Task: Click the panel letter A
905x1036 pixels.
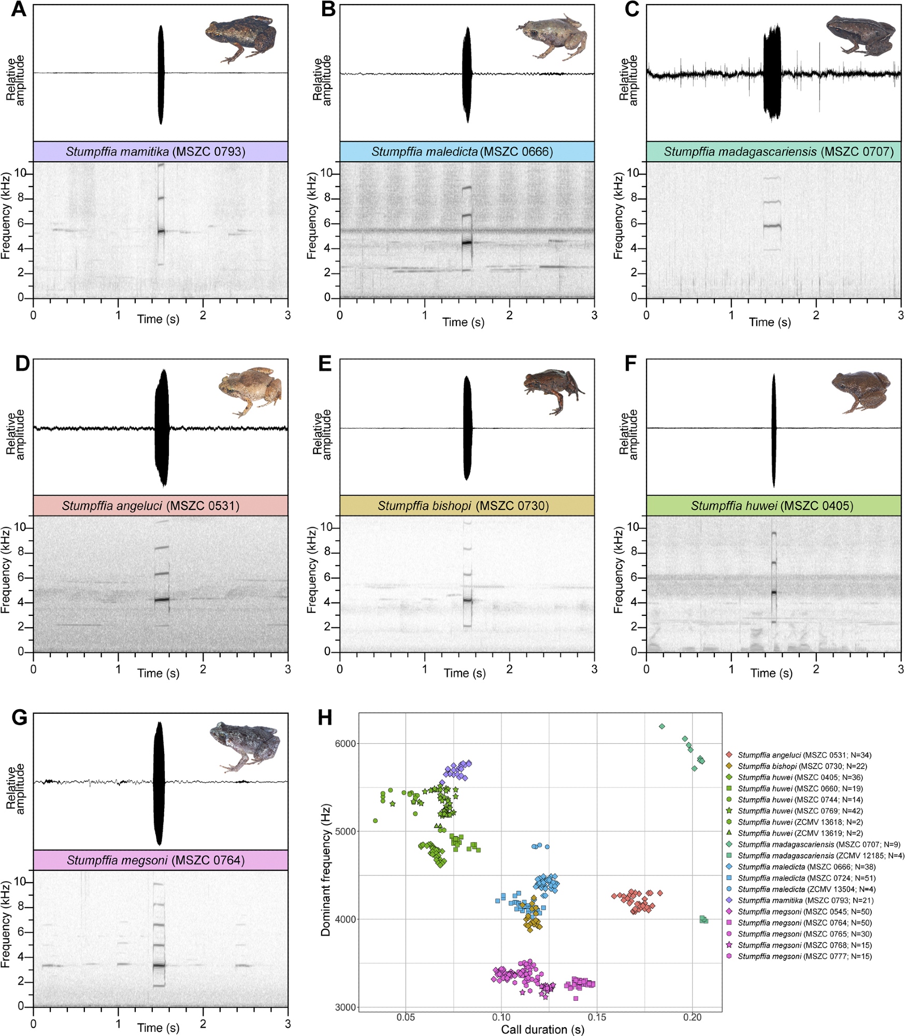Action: [19, 9]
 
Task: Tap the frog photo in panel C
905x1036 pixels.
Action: [859, 35]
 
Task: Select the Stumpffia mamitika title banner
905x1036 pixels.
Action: [160, 151]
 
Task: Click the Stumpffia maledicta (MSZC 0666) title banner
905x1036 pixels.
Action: [467, 151]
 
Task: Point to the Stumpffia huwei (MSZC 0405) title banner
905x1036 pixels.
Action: [773, 506]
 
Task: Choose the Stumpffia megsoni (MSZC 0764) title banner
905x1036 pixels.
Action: [160, 860]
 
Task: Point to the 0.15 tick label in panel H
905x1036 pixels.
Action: [597, 1017]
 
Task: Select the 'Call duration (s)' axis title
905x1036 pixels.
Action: [542, 1029]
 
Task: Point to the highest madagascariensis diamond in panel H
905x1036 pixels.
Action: [662, 726]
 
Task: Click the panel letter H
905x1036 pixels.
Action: [325, 718]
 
